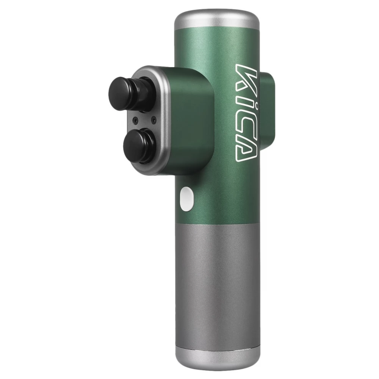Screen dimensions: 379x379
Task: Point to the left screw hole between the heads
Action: [136, 120]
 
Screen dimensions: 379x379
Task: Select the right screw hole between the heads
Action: [153, 119]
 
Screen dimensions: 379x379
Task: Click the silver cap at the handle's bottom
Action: [218, 360]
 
